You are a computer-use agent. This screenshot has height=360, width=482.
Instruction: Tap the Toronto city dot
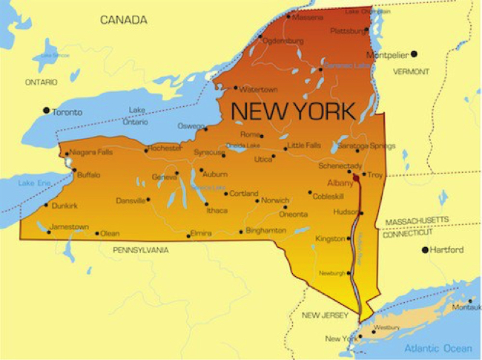point(46,111)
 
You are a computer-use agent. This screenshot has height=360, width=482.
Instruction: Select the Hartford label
point(447,250)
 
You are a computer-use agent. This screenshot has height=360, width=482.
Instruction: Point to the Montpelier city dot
point(414,53)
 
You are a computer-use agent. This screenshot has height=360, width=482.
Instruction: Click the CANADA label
point(124,20)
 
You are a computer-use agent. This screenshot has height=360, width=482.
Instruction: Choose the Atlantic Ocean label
point(438,348)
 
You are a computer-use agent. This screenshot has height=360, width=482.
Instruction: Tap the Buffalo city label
point(88,175)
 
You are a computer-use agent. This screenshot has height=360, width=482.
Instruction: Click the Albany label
point(340,181)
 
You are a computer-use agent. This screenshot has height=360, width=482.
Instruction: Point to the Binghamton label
point(265,231)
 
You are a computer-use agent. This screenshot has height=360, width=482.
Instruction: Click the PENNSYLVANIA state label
point(140,250)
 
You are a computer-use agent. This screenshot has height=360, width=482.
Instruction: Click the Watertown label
point(258,89)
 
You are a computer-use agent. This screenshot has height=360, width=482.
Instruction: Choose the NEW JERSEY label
point(325,315)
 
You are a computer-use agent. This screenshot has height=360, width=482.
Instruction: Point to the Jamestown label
point(69,226)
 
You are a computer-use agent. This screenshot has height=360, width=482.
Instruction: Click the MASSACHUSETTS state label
point(416,220)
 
